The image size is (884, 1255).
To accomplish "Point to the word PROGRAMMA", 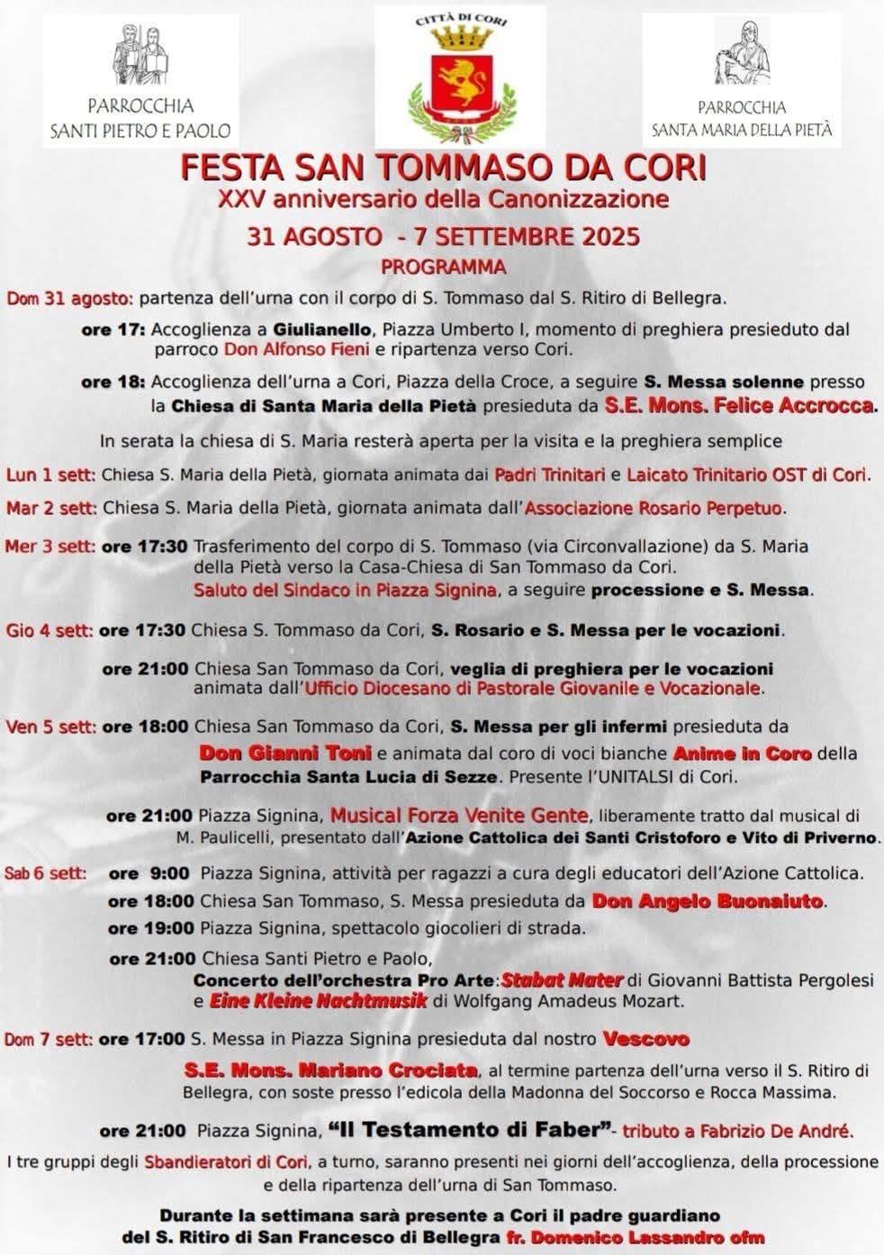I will tap(443, 266).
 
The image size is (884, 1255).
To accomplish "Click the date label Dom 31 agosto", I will tap(69, 298).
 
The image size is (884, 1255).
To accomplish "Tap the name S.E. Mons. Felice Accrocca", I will tap(739, 405).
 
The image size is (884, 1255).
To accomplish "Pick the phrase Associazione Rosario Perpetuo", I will tap(654, 508).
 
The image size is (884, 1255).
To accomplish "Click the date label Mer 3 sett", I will tap(50, 546).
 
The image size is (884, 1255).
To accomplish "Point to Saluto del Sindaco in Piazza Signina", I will tap(345, 591).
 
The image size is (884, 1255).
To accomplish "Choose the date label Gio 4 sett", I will tap(49, 630).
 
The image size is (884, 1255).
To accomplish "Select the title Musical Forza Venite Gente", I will tap(459, 816).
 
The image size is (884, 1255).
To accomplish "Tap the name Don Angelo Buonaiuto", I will tap(707, 900).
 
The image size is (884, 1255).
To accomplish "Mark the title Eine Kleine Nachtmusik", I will tap(318, 1000).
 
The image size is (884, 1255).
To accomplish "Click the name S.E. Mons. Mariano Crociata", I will tap(330, 1070).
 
